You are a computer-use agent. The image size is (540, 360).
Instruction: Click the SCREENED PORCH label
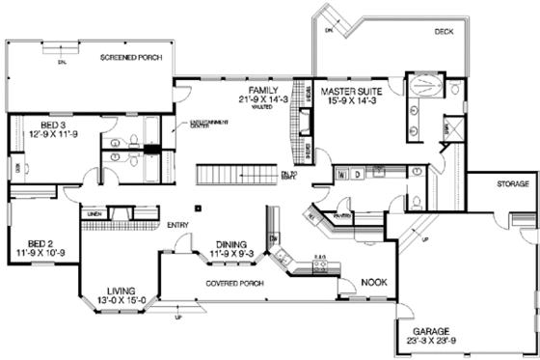click(x=131, y=59)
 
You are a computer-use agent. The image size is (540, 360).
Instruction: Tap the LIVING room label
click(x=119, y=289)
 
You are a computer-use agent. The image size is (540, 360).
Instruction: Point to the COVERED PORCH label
click(x=236, y=285)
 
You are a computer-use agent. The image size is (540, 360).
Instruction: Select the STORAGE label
click(x=513, y=182)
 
